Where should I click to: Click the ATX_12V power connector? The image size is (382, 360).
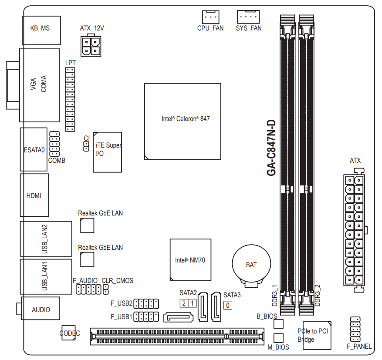click(91, 46)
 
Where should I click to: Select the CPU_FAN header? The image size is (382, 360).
click(210, 17)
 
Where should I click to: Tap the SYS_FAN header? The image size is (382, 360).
click(248, 17)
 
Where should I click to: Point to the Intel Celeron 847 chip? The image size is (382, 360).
click(183, 121)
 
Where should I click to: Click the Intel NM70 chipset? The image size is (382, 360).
click(190, 260)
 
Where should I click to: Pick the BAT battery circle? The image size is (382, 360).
click(251, 264)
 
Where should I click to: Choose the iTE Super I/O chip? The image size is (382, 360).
click(107, 152)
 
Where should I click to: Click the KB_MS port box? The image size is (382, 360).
click(41, 30)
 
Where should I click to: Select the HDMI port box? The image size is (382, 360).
click(34, 195)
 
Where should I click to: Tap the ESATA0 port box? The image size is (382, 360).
click(34, 149)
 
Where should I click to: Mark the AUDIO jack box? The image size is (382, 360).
click(41, 308)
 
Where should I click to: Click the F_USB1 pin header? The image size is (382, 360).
click(146, 316)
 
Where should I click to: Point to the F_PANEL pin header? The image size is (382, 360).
click(355, 330)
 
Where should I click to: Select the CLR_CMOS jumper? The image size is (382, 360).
click(106, 289)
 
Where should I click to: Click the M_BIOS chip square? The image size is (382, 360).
click(278, 338)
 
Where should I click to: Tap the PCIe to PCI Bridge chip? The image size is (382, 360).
click(317, 336)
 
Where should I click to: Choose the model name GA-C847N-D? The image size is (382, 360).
click(271, 148)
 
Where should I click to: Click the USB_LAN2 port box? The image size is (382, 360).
click(46, 239)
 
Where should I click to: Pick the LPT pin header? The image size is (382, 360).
click(70, 100)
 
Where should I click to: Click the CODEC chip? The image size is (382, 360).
click(68, 333)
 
